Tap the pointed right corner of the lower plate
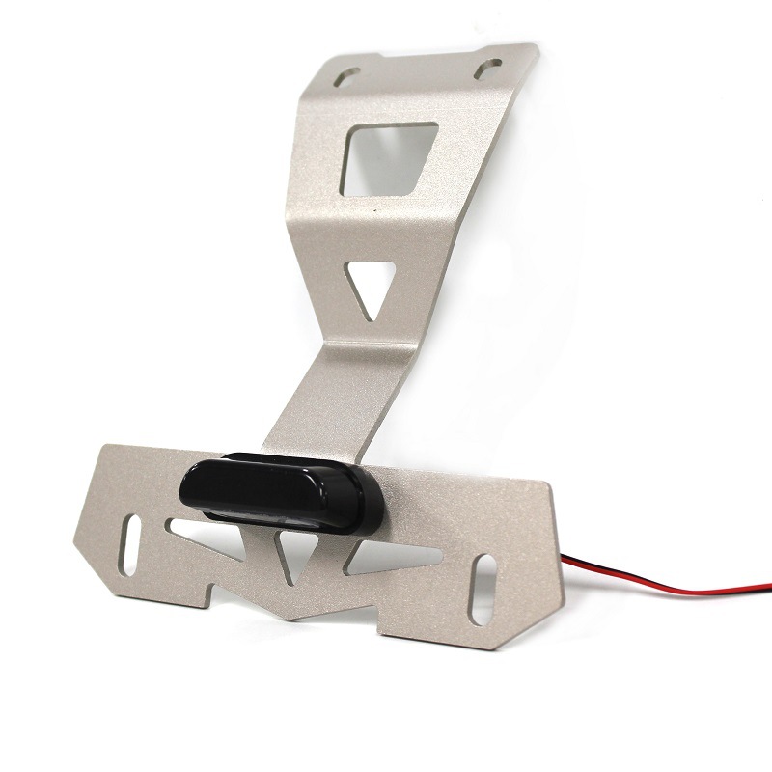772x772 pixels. click(561, 571)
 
